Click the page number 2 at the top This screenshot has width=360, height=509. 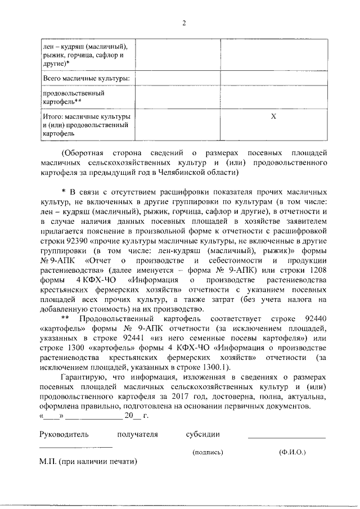tap(183, 23)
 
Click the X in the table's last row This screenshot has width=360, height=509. tap(274, 116)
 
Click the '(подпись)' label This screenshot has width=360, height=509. tap(208, 452)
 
